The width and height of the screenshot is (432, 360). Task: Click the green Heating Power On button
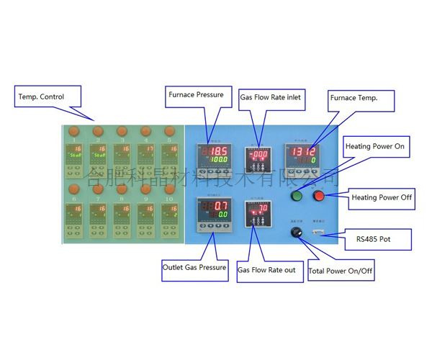pos(294,197)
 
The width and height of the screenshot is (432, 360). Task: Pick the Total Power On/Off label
pos(341,271)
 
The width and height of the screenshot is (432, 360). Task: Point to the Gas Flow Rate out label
pos(266,270)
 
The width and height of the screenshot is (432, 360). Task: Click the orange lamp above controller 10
pos(169,188)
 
